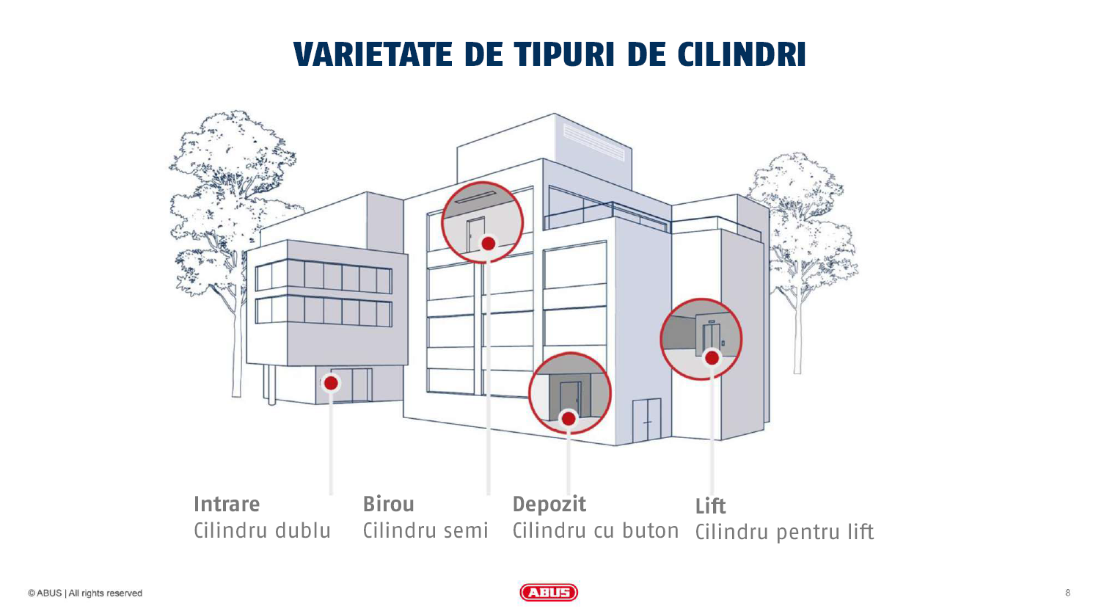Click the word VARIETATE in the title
[373, 54]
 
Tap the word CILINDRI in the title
[742, 54]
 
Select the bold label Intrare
[227, 505]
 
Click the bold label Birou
[389, 505]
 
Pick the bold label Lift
[710, 506]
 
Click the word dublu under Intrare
[303, 531]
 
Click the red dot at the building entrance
[332, 383]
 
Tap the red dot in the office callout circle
[489, 244]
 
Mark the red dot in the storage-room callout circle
[569, 419]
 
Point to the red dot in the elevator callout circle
[712, 358]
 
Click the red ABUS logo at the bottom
[549, 593]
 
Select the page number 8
[1067, 593]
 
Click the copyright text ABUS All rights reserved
[85, 593]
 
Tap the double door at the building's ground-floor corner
[647, 420]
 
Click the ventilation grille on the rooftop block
[594, 142]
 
